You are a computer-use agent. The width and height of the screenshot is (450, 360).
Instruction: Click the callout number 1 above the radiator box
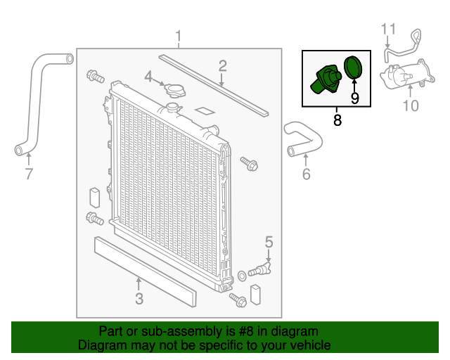[179, 36]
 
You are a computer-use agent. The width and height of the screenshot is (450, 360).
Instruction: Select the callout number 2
[222, 66]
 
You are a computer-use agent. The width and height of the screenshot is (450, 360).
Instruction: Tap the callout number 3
[139, 299]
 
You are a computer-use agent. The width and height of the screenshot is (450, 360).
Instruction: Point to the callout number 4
[148, 77]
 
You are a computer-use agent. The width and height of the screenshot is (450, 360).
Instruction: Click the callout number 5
[269, 242]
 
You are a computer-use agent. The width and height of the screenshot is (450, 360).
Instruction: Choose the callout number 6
[307, 174]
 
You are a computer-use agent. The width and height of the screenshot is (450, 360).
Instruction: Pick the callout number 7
[29, 174]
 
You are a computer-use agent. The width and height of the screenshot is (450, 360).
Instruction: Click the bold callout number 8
[337, 120]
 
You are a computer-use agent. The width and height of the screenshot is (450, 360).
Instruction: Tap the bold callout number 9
[354, 98]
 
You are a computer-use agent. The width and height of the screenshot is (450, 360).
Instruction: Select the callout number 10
[411, 105]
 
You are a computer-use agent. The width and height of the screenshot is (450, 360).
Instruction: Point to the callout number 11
[388, 29]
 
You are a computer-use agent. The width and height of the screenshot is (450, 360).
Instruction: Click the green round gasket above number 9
[353, 67]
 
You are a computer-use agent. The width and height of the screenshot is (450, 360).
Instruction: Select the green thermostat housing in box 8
[326, 79]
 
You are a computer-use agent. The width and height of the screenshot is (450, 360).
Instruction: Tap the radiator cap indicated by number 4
[174, 90]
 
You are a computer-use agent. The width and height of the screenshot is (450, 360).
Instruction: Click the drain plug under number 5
[259, 269]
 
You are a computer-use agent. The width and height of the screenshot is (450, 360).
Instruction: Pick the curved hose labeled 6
[304, 139]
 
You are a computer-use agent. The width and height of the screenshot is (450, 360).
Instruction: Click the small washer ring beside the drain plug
[242, 276]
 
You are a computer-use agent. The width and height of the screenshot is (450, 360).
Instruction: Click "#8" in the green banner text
[246, 331]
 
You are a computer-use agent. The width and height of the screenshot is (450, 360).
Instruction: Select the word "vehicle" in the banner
[313, 345]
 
